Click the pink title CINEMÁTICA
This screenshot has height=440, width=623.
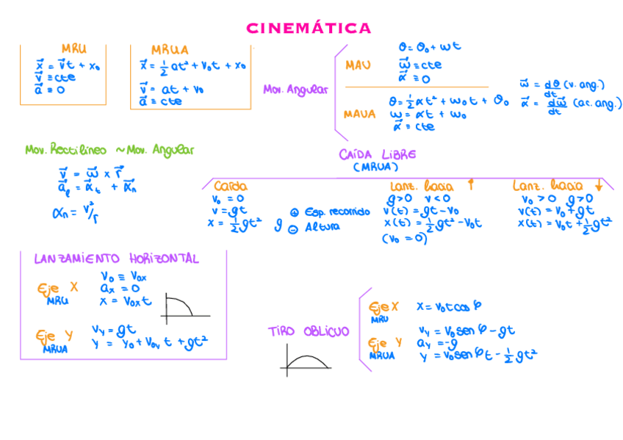309,29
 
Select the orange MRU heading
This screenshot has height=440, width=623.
73,49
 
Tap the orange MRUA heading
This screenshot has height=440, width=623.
170,50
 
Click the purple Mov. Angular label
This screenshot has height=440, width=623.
295,90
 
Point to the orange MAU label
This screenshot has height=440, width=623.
358,66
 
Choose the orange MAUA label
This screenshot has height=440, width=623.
359,114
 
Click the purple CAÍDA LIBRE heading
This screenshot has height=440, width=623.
378,154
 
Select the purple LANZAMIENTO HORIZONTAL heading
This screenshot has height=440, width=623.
116,259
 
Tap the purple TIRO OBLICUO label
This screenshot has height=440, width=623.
308,332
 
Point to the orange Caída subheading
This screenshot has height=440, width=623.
230,187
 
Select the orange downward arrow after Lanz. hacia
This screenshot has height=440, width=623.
599,185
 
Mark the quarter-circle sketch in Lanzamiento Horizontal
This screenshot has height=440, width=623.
179,307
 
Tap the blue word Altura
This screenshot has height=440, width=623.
323,227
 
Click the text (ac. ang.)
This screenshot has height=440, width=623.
597,104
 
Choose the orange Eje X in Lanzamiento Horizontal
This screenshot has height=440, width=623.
57,289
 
